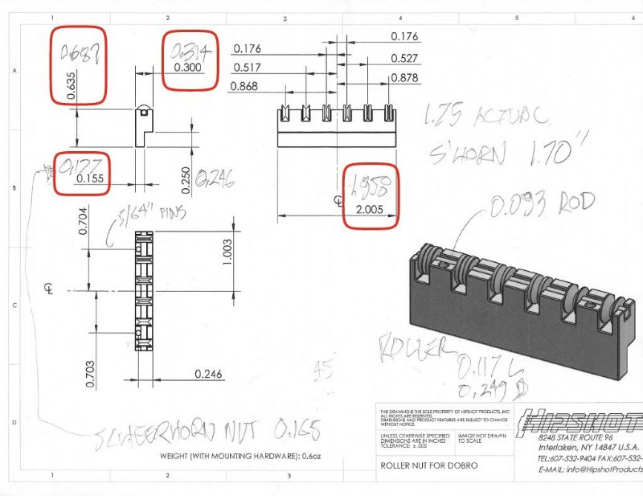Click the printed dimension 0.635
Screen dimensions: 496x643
72,83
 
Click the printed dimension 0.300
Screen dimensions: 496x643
189,67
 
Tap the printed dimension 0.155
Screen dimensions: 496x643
92,178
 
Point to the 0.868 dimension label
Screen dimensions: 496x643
244,86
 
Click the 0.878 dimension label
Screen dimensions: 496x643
403,77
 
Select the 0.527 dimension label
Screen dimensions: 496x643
403,58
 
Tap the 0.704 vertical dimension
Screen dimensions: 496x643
81,219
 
